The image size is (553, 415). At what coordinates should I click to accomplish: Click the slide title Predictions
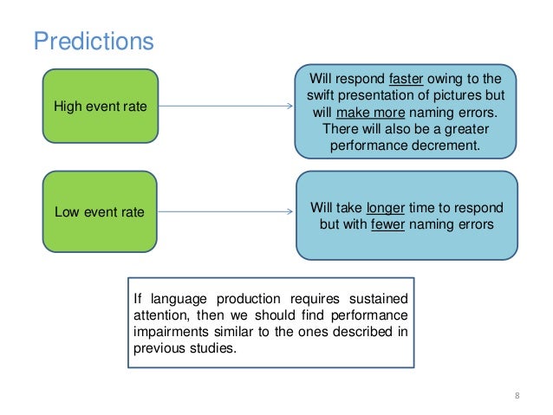[x=93, y=41]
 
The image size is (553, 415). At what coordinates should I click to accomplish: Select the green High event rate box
[x=101, y=107]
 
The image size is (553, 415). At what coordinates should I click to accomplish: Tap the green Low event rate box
[x=101, y=211]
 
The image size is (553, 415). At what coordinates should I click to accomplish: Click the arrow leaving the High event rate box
[x=225, y=107]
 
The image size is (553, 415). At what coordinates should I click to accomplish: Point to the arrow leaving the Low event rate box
[x=225, y=211]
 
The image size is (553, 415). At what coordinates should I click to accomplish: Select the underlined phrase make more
[x=361, y=112]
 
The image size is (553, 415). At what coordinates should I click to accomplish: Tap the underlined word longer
[x=385, y=208]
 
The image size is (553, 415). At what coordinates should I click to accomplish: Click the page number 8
[x=517, y=397]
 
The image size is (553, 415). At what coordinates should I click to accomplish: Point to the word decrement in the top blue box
[x=449, y=146]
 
